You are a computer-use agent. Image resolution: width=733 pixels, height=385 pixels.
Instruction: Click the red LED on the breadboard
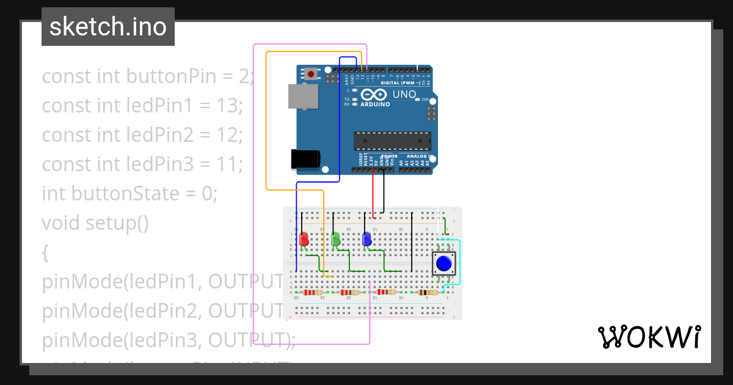point(304,239)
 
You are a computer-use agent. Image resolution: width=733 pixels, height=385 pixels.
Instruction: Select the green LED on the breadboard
point(335,239)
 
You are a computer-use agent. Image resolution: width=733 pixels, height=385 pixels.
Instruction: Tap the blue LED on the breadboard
point(366,239)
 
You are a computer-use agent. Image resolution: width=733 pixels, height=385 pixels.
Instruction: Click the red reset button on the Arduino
point(312,75)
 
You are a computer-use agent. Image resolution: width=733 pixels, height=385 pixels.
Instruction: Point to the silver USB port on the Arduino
point(304,97)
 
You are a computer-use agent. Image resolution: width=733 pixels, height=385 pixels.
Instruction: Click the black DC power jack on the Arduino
point(305,158)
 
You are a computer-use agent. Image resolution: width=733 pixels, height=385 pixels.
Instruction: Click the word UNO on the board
point(404,95)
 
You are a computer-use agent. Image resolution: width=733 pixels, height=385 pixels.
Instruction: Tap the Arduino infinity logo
point(374,95)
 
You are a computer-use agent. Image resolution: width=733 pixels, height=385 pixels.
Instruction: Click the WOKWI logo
point(649,337)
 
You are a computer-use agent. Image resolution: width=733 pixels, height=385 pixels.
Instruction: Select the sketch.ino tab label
point(108,27)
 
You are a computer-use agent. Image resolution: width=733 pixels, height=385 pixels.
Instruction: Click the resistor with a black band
point(426,292)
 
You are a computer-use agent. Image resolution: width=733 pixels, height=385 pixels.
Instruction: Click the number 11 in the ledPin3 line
point(225,164)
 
